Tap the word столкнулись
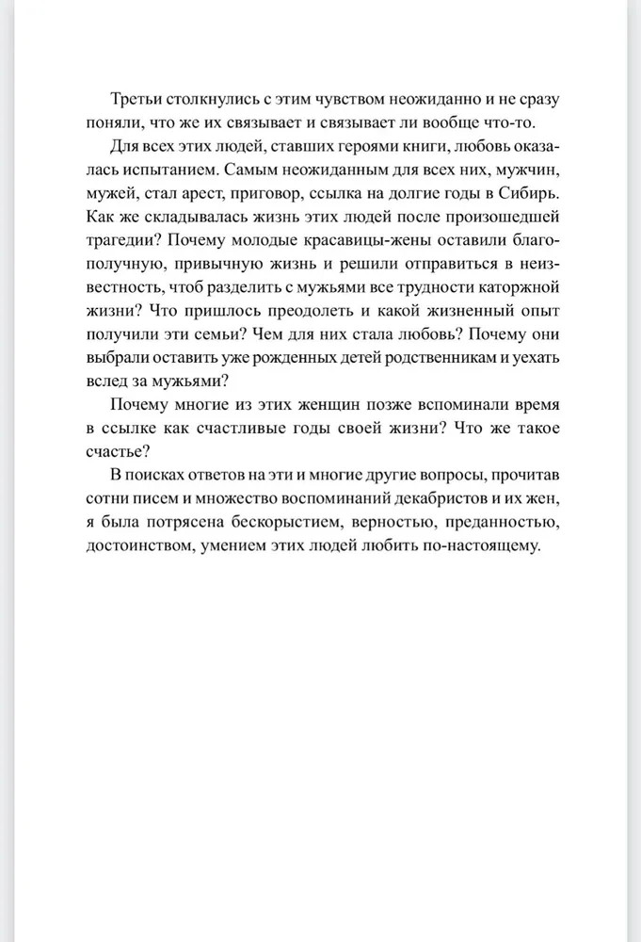[x=215, y=101]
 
